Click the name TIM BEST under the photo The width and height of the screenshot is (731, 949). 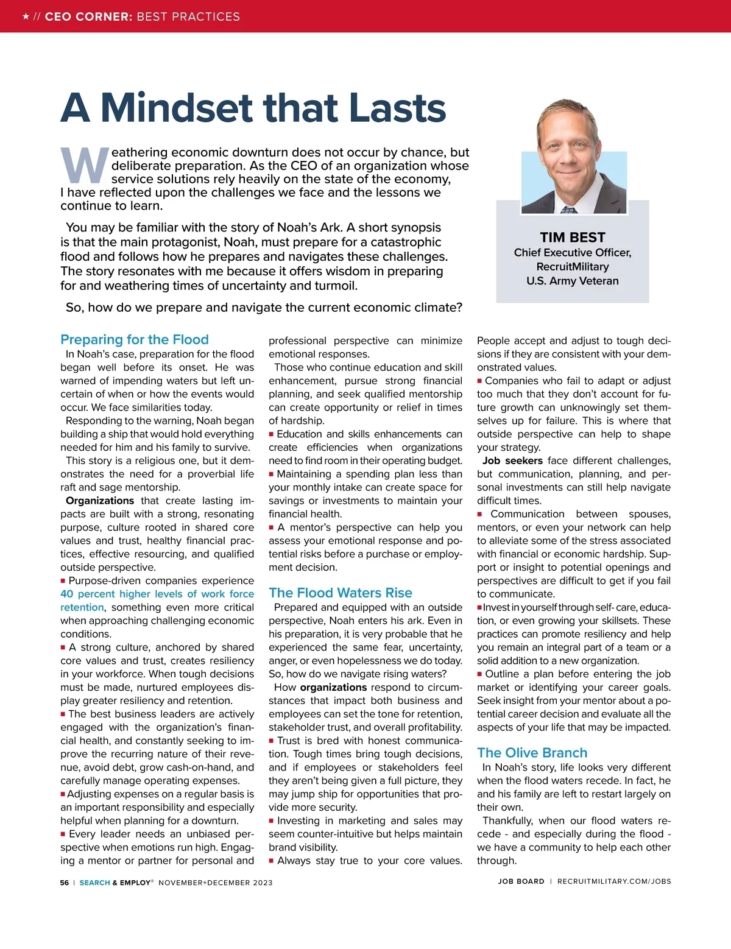[573, 238]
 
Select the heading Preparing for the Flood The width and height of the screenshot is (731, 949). [135, 339]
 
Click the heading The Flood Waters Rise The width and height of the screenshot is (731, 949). [341, 593]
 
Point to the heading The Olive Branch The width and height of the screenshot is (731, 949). [532, 753]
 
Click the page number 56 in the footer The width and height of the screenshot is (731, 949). [65, 883]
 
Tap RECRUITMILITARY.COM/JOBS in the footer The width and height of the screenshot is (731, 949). [614, 881]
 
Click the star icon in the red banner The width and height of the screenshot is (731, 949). [26, 16]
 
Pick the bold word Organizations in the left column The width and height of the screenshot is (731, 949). [100, 501]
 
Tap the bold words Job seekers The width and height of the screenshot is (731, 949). [512, 460]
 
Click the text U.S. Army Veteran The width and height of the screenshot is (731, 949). [573, 281]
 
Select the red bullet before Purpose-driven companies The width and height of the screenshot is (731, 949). [63, 581]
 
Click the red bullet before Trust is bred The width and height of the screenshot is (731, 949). [272, 741]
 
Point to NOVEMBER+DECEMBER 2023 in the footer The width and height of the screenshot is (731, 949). [216, 883]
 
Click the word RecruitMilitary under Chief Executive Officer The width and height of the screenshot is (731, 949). [573, 267]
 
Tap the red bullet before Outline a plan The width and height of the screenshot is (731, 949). [480, 674]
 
